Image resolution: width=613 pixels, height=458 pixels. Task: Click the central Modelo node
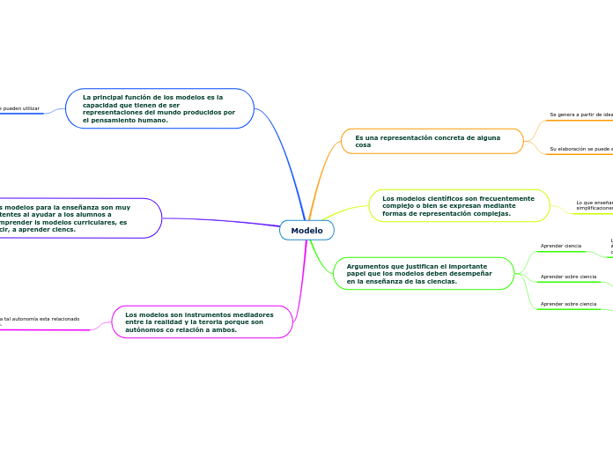(x=306, y=231)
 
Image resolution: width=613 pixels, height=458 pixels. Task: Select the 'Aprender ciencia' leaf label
(x=560, y=246)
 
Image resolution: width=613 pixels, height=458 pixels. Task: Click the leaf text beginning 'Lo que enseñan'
(x=594, y=203)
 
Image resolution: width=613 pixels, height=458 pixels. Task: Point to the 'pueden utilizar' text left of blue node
(x=20, y=108)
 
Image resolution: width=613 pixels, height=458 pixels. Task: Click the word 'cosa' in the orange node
(x=363, y=145)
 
